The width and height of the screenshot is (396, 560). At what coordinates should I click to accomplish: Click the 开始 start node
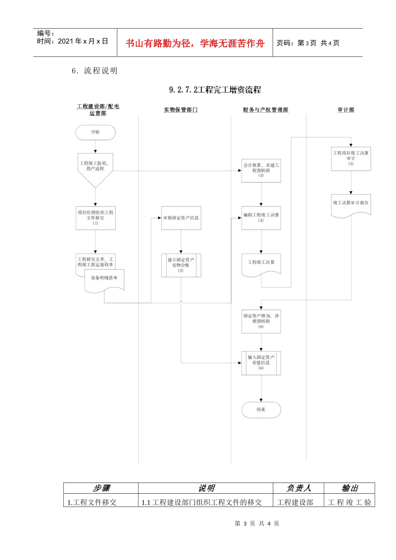coord(95,132)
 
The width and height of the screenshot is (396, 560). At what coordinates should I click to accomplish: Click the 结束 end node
coord(261,410)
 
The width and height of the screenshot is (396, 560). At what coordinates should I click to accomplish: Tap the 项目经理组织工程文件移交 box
coord(95,218)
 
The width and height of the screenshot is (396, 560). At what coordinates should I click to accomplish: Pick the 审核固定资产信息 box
coord(181,218)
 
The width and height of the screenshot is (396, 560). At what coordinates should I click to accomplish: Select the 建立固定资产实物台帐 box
coord(181,265)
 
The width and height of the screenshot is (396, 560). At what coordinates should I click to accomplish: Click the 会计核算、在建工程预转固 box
coord(261,170)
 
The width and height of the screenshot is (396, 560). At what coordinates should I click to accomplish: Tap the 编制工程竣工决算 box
coord(261,218)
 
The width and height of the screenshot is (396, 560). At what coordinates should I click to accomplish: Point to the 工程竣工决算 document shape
coord(261,264)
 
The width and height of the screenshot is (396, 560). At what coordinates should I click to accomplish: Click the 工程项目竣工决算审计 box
coord(351,158)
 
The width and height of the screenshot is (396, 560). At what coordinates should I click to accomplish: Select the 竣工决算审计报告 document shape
coord(351,204)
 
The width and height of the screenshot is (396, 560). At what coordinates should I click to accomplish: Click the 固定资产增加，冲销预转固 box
coord(261,321)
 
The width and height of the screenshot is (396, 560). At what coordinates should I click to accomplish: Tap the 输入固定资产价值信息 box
coord(261,363)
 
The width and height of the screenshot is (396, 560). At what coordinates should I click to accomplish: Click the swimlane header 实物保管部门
coord(180,110)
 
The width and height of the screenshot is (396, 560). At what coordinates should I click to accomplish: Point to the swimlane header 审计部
coord(346,110)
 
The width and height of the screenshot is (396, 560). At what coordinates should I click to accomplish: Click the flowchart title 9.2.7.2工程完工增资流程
coord(215,90)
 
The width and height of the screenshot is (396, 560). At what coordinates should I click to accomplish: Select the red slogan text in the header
coord(195,43)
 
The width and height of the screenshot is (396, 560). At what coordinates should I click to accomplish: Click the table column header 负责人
coord(298,488)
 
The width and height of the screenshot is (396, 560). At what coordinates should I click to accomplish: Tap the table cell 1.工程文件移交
coord(92,502)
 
